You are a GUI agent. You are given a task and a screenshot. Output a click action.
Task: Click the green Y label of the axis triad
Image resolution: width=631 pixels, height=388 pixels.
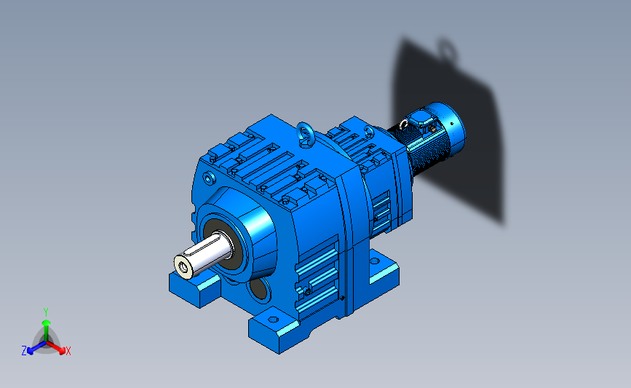coord(46,312)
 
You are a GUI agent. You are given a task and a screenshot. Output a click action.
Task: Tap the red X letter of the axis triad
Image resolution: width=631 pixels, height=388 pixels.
coord(68,351)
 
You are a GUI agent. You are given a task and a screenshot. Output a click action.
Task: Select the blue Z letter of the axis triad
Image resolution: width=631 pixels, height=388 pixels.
coord(24,351)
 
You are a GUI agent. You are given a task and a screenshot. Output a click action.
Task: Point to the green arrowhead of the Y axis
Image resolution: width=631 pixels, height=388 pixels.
coord(46,322)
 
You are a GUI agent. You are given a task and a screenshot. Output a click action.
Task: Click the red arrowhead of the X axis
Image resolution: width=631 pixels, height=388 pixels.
coord(62,351)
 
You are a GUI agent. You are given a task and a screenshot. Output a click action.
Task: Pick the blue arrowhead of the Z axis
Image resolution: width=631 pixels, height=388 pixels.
coord(30,351)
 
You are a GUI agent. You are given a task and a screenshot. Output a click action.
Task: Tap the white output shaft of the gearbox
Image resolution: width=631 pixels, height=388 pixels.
coord(203,256)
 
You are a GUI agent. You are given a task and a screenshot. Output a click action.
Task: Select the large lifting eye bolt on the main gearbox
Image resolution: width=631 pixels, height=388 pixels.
coord(304,134)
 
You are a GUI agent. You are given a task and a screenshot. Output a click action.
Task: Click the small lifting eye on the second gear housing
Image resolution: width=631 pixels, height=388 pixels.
coord(368,131)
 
